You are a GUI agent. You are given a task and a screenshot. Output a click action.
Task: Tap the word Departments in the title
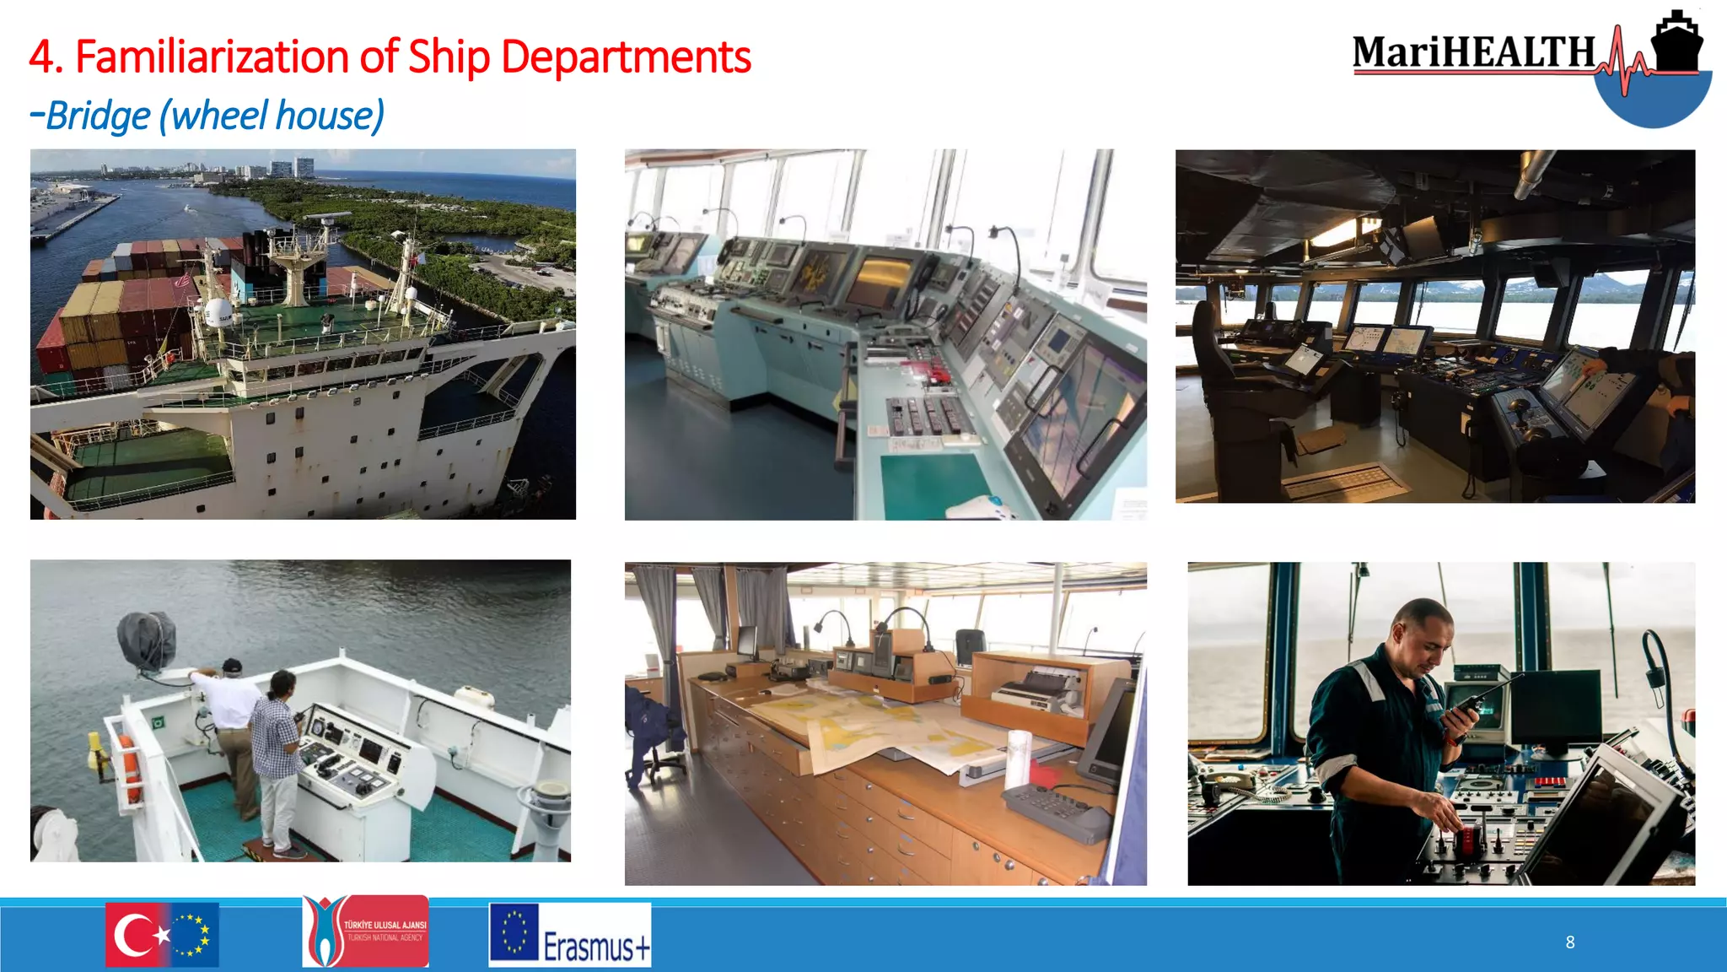625,57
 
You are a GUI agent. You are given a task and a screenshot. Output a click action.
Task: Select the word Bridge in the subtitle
98,116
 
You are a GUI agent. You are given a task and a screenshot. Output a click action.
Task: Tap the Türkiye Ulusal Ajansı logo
365,931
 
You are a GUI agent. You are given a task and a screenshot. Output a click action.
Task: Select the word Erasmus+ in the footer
596,947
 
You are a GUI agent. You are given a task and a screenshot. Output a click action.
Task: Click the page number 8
1570,942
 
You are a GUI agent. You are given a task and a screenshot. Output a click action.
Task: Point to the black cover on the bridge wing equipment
147,640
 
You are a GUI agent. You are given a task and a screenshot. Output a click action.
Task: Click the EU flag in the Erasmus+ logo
514,932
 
